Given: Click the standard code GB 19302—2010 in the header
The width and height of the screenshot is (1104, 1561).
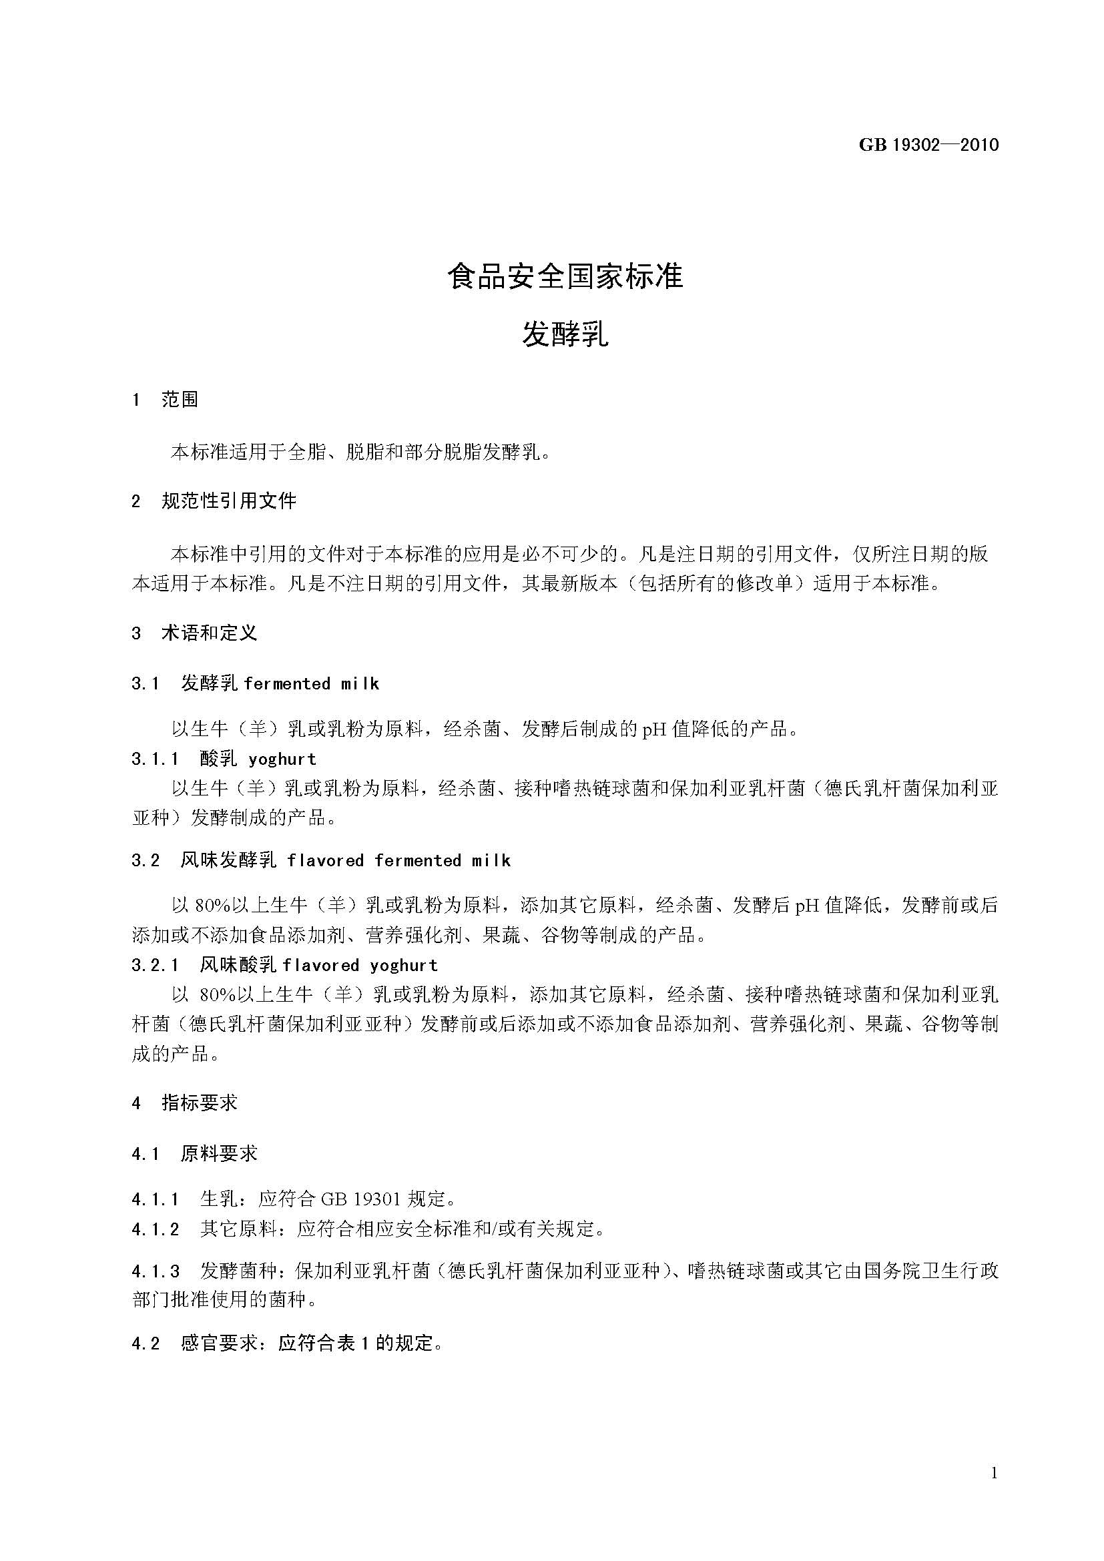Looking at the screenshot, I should tap(928, 145).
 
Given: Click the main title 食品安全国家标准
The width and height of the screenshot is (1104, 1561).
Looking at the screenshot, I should tap(565, 277).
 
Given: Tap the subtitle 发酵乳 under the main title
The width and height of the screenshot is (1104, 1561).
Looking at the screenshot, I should tap(565, 334).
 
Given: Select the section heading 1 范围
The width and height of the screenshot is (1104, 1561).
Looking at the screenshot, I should tap(165, 399).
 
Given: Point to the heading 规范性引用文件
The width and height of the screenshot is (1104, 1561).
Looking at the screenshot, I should tap(228, 502).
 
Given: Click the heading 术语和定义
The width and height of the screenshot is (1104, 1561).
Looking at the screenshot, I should tap(209, 633).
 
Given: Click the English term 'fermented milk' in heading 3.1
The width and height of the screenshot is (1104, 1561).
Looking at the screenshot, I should tap(310, 683).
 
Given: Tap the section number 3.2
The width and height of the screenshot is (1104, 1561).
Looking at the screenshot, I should tap(145, 861).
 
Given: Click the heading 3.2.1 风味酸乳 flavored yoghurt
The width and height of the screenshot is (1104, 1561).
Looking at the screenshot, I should tap(285, 966).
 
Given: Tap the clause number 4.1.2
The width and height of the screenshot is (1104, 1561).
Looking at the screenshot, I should tap(155, 1229).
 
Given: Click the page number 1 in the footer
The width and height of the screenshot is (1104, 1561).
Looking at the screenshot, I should tap(995, 1474).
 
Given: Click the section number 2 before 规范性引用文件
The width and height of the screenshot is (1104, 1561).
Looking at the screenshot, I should tap(136, 502).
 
